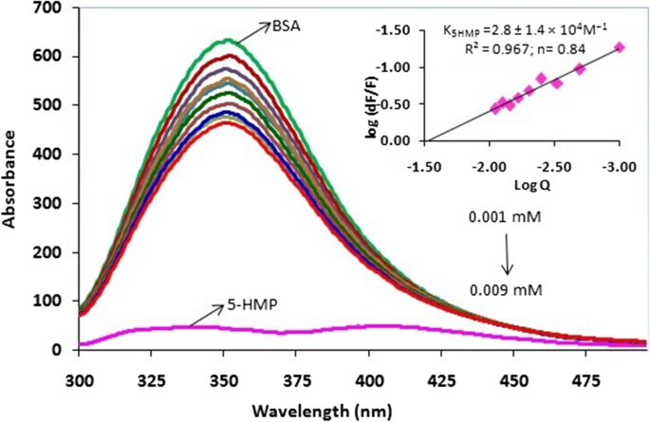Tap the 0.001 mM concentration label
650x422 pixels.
tap(499, 215)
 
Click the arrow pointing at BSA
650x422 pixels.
tap(251, 33)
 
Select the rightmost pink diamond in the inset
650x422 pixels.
tap(620, 46)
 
